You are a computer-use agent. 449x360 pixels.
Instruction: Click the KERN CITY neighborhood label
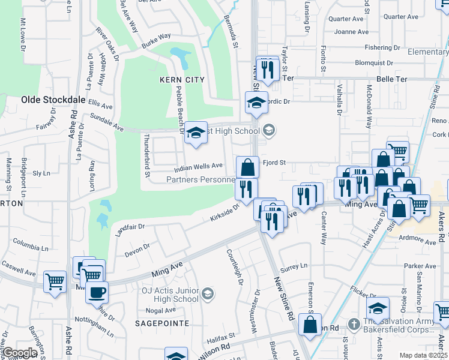[182, 80]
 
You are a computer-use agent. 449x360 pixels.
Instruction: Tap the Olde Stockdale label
[46, 100]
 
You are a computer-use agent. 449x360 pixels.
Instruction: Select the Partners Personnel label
[200, 179]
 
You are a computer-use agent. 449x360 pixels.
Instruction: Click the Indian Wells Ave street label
[199, 166]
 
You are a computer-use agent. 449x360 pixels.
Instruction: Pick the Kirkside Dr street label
[224, 213]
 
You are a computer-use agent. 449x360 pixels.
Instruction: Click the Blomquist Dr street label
[377, 62]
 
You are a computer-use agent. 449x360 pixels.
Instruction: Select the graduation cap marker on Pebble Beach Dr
[196, 133]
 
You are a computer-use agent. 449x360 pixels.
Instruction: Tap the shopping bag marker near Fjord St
[247, 167]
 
